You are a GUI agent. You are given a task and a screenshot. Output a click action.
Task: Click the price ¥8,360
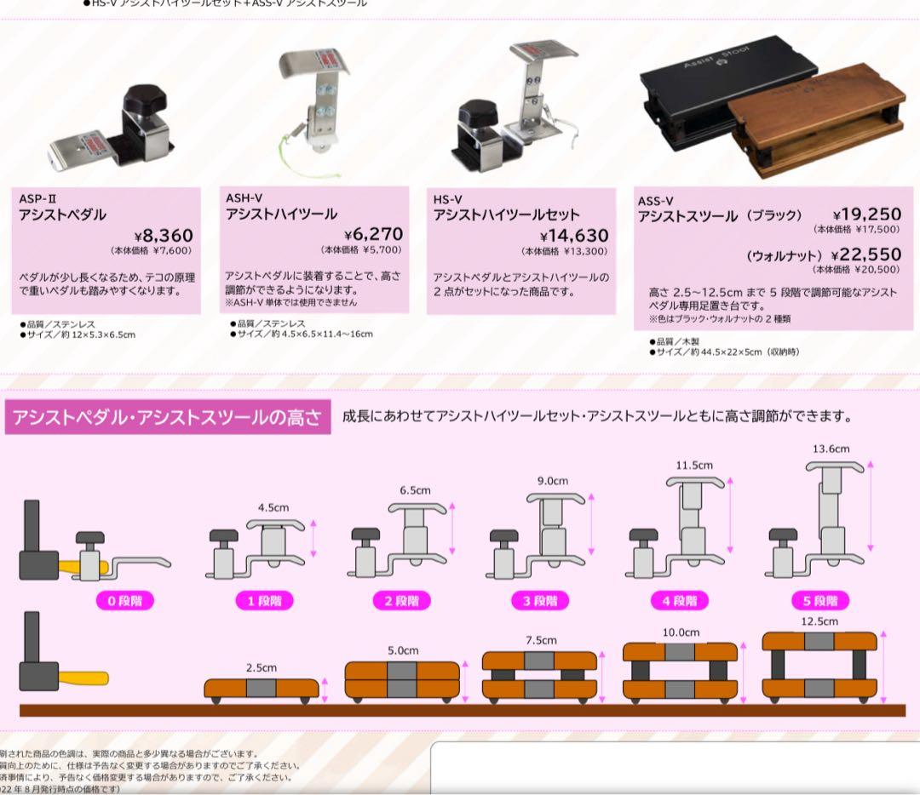coord(164,235)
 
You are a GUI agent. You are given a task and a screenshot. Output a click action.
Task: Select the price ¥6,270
coord(373,234)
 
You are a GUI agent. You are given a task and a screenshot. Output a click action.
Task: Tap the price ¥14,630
coord(574,236)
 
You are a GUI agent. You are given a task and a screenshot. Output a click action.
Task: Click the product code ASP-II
coord(37,198)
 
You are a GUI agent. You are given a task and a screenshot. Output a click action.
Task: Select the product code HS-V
coord(447,199)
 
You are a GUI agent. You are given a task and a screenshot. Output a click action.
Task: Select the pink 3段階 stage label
coord(541,601)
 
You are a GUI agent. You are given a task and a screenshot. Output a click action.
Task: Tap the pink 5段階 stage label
coord(819,601)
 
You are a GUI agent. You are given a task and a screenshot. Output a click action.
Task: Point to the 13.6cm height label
coord(831,449)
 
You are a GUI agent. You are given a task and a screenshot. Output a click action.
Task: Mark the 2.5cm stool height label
coord(261,668)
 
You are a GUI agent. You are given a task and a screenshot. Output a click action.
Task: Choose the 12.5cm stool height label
coord(819,622)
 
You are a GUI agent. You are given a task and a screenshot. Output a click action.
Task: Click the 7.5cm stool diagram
coord(538,674)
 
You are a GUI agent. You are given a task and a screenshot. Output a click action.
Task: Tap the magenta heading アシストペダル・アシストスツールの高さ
coord(168,418)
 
